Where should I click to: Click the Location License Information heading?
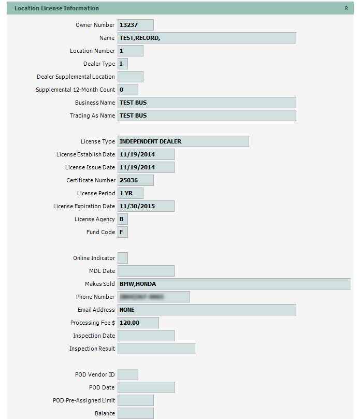click(x=56, y=8)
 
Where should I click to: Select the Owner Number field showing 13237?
click(x=136, y=25)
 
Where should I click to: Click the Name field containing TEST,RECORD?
click(x=207, y=38)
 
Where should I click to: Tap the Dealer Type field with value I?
click(x=123, y=64)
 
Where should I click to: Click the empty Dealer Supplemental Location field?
click(x=131, y=77)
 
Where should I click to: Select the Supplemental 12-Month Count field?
click(x=128, y=90)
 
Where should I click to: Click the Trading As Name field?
click(x=207, y=115)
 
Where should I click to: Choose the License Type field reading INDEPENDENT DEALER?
click(x=183, y=141)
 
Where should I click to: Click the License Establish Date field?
click(x=146, y=154)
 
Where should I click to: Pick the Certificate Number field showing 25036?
click(x=136, y=180)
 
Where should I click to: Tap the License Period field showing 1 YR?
click(x=131, y=193)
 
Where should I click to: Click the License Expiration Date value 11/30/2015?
click(x=146, y=206)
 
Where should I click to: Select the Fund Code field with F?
click(x=123, y=232)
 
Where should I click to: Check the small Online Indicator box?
click(x=123, y=258)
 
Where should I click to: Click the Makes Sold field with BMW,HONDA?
click(x=234, y=284)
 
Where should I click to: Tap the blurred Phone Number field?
click(x=154, y=297)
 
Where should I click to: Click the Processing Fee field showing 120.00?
click(x=138, y=323)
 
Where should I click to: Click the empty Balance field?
click(x=136, y=413)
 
